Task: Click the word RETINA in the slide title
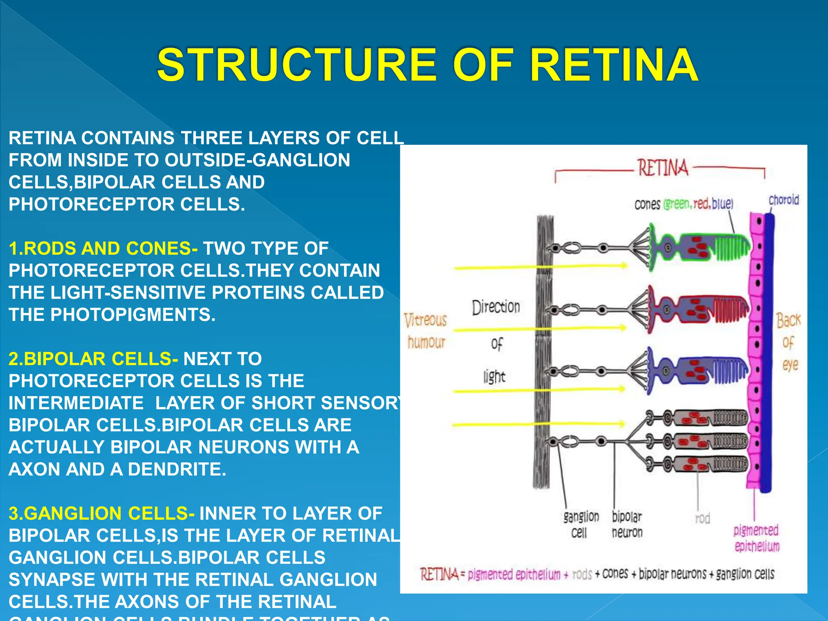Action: coord(614,65)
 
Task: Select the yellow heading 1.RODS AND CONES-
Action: coord(103,248)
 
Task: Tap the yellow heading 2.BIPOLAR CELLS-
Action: coord(93,359)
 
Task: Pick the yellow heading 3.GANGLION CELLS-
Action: coord(101,513)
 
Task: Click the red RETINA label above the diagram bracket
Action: coord(663,168)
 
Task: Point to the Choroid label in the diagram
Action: coord(784,200)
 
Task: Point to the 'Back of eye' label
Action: coord(788,342)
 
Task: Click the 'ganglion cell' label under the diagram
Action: coord(581,524)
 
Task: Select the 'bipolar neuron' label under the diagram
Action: coord(627,524)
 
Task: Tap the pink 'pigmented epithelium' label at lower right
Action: coord(756,538)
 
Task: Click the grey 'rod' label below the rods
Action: coord(702,518)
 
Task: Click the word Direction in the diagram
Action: coord(496,307)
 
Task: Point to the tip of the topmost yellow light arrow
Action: coord(626,266)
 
